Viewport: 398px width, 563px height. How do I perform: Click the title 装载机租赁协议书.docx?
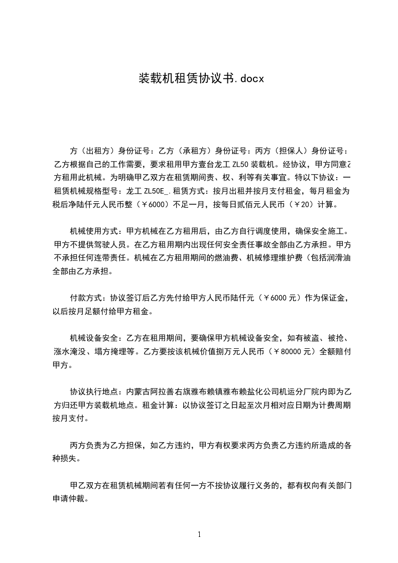(201, 79)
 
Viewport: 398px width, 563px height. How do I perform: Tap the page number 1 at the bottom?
(199, 535)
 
